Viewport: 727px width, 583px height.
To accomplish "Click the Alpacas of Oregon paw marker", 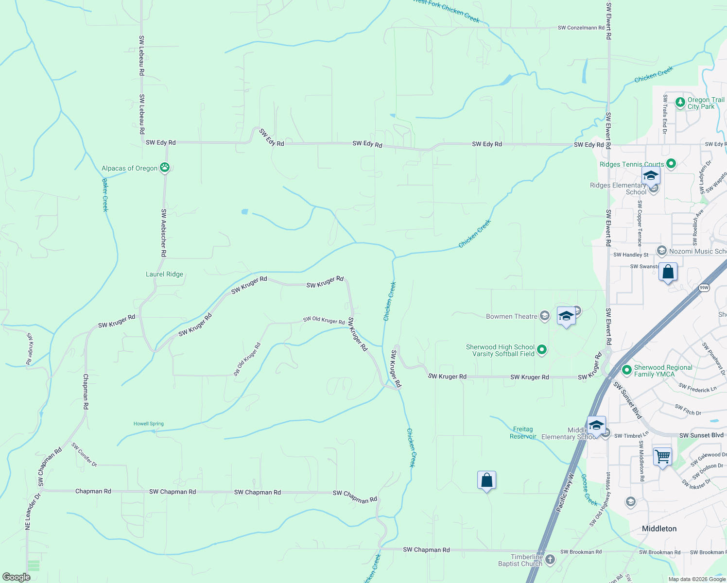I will pyautogui.click(x=165, y=168).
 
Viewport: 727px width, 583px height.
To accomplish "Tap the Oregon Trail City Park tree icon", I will pyautogui.click(x=680, y=103).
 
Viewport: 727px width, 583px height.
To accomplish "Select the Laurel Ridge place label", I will pyautogui.click(x=165, y=274).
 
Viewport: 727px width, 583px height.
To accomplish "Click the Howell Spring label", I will pyautogui.click(x=149, y=424).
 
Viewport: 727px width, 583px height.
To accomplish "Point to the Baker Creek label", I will pyautogui.click(x=105, y=195).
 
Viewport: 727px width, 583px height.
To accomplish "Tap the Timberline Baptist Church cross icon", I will pyautogui.click(x=550, y=560).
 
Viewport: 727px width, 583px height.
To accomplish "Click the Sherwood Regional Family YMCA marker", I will pyautogui.click(x=626, y=370).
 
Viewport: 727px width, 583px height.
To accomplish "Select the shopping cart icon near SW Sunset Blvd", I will pyautogui.click(x=662, y=457).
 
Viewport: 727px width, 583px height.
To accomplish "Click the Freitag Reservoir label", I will pyautogui.click(x=523, y=432).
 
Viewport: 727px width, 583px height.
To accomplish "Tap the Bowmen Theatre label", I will pyautogui.click(x=512, y=316).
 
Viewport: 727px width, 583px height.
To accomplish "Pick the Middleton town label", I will pyautogui.click(x=659, y=529).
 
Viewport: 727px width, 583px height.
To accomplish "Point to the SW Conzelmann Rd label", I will pyautogui.click(x=581, y=28).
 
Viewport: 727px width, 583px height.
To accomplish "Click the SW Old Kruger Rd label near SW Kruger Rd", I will pyautogui.click(x=324, y=320).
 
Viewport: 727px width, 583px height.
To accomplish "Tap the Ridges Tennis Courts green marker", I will pyautogui.click(x=671, y=164).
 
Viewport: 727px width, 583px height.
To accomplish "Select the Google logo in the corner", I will pyautogui.click(x=17, y=577).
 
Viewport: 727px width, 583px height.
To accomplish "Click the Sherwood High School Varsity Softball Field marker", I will pyautogui.click(x=542, y=350).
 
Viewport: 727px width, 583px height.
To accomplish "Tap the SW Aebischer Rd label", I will pyautogui.click(x=164, y=233).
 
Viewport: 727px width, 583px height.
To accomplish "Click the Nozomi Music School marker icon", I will pyautogui.click(x=661, y=251).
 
